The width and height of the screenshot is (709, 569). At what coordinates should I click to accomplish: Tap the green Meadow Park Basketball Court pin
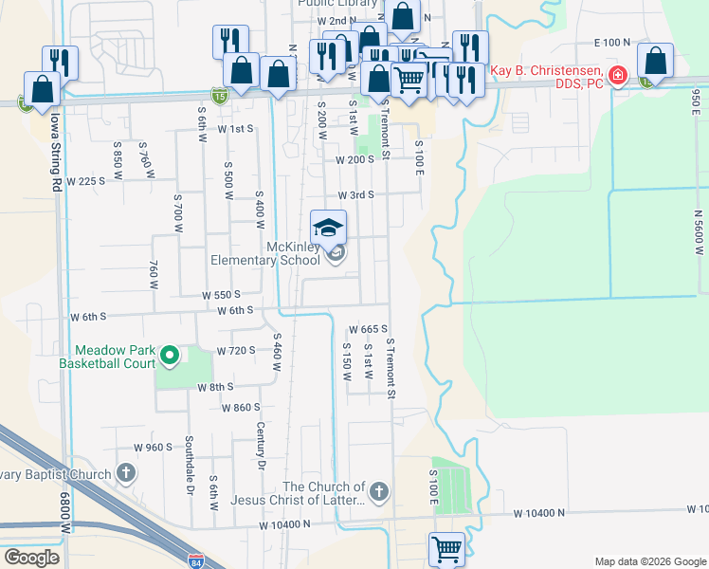170,356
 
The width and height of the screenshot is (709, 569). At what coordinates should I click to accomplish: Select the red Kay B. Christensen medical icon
618,75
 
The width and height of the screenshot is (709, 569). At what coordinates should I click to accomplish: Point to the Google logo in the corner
31,558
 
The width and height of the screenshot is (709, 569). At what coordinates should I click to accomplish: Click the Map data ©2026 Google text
650,561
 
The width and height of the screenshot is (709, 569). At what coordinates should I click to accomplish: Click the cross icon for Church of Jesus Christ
378,491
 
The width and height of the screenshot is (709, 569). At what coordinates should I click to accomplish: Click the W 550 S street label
221,295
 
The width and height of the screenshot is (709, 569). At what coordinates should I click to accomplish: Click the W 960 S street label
153,447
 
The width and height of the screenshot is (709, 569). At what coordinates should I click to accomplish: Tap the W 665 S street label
369,329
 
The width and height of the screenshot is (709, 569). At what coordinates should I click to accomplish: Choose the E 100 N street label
611,43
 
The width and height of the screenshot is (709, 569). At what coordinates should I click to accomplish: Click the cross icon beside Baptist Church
127,472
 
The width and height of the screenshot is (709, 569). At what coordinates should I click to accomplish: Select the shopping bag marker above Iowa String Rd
43,89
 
